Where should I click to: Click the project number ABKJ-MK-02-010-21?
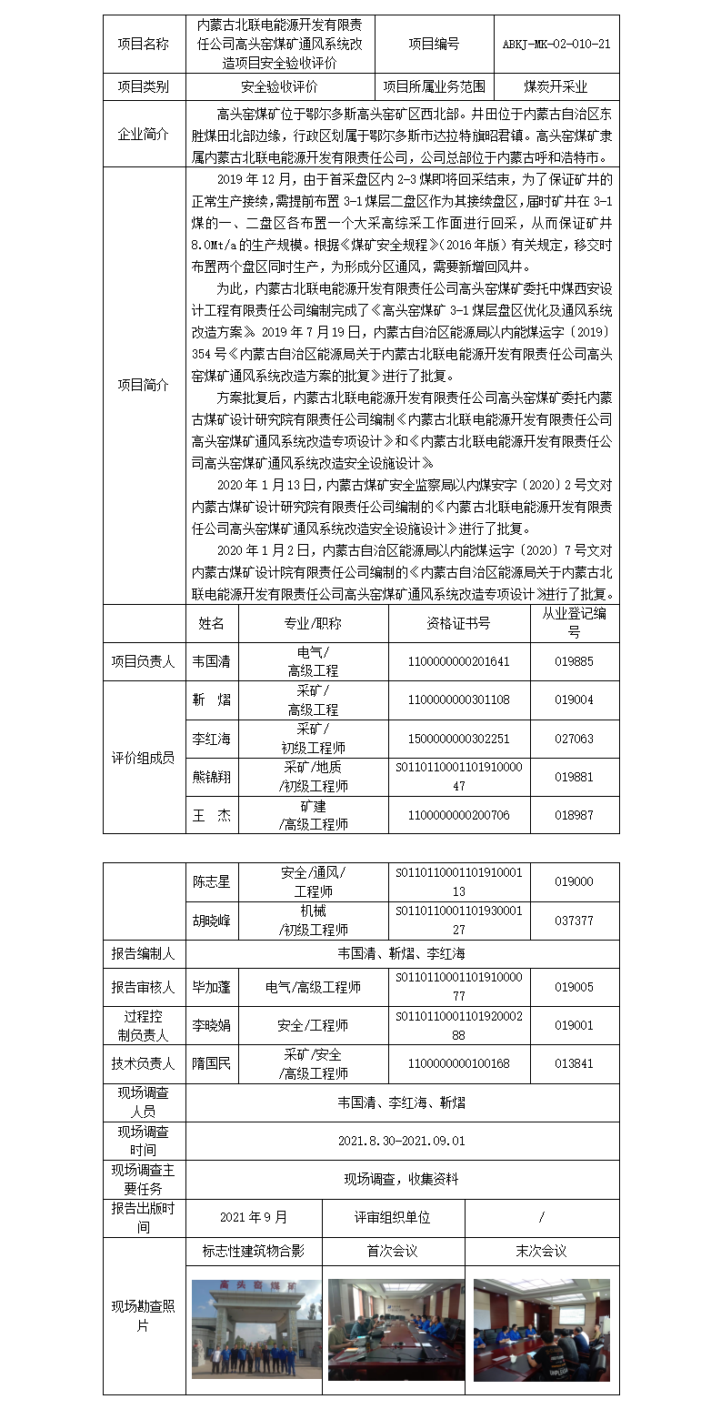point(556,44)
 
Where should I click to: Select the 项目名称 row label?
point(143,44)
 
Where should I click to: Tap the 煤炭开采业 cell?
point(556,87)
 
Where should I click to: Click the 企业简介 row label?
point(143,134)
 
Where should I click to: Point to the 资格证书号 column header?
point(458,623)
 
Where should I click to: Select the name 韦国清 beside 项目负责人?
point(211,661)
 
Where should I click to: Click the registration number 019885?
point(574,661)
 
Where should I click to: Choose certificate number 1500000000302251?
point(458,739)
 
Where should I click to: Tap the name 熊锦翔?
point(211,777)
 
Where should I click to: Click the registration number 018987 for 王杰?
point(574,815)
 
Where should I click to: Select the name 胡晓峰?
point(211,921)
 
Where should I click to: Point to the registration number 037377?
point(574,921)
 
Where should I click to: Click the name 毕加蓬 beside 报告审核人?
point(211,987)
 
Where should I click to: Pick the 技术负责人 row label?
point(143,1063)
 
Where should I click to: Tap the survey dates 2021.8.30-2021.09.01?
point(401,1141)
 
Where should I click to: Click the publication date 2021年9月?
point(254,1217)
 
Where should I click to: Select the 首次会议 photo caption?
point(393,1251)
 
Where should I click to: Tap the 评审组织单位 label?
point(393,1217)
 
